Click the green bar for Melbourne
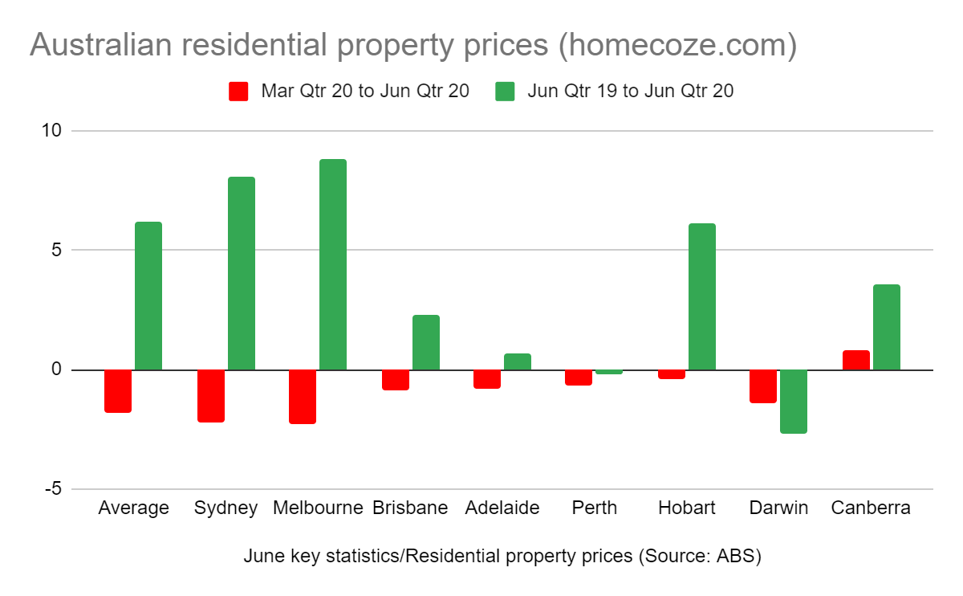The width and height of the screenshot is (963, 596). [333, 264]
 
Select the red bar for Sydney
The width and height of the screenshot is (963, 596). [211, 395]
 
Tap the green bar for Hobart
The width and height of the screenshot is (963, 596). [702, 296]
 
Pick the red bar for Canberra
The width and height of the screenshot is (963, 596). [856, 360]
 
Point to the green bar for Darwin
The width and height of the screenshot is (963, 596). [794, 401]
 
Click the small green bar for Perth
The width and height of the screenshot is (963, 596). [609, 372]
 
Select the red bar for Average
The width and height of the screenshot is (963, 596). [118, 390]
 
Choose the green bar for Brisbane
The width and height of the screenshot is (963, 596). [426, 342]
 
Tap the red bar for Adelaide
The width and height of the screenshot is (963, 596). [487, 378]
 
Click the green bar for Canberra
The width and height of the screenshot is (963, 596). [887, 327]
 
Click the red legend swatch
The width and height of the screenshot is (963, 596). [238, 91]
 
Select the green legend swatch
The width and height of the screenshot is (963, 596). [505, 91]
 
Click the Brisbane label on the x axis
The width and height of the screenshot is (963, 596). [410, 508]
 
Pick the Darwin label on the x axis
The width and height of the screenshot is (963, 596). [778, 508]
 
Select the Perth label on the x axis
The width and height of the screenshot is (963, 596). [595, 508]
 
